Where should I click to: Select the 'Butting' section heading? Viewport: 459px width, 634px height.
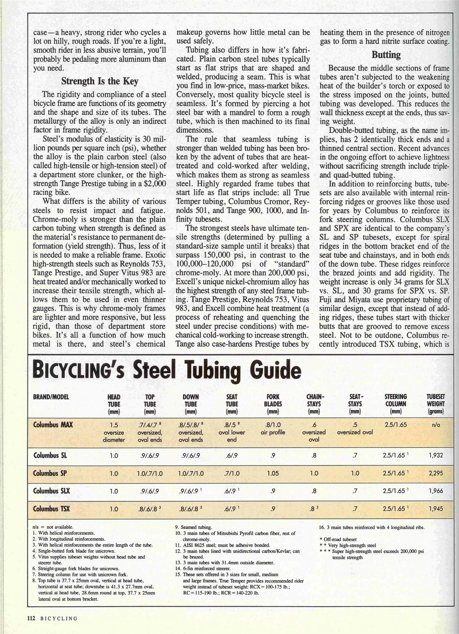click(x=386, y=55)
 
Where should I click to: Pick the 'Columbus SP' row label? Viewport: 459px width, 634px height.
click(x=50, y=473)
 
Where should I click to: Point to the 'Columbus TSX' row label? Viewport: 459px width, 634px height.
click(x=51, y=508)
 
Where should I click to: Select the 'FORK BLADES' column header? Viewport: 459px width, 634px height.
click(x=273, y=403)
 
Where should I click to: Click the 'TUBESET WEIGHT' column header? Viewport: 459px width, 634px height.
click(x=435, y=403)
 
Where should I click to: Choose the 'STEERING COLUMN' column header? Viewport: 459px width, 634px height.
click(x=396, y=403)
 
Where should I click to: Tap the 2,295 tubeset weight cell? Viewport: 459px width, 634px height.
click(x=436, y=473)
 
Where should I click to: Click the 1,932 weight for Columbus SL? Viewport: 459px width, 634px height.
click(x=436, y=456)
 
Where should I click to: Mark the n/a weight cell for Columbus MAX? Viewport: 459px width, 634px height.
click(x=436, y=425)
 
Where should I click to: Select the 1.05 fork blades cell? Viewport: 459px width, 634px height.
click(x=273, y=473)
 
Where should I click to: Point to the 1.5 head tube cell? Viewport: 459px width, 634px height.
click(x=114, y=425)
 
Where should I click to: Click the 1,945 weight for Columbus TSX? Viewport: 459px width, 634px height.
click(x=436, y=508)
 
